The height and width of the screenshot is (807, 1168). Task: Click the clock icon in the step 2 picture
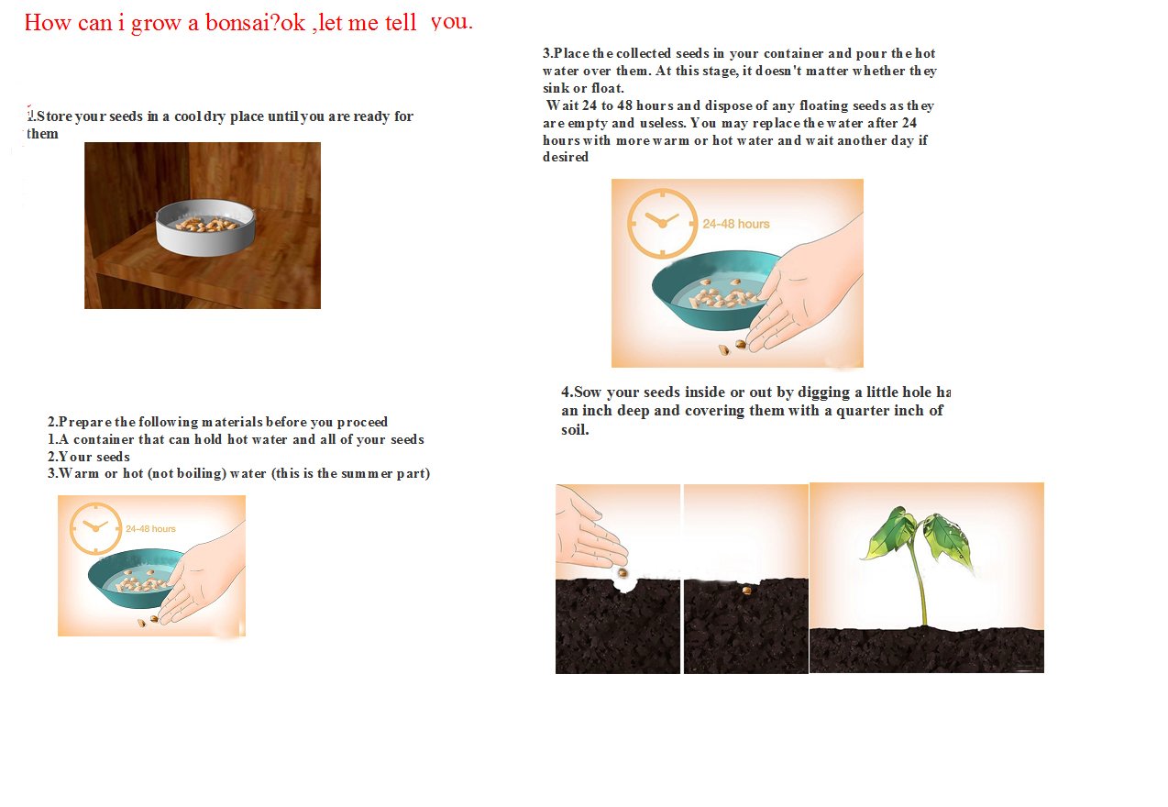coord(95,527)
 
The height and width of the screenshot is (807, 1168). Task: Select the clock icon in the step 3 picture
coord(662,223)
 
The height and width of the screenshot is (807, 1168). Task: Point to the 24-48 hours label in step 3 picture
coord(736,224)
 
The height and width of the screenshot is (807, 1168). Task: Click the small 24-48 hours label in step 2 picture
coord(150,529)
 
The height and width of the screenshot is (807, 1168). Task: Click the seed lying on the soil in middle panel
coord(747,591)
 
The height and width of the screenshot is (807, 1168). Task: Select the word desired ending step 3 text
coord(566,157)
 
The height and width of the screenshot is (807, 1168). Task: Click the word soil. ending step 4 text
coord(575,429)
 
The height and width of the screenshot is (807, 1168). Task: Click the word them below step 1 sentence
coord(42,134)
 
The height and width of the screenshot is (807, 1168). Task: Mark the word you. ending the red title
coord(452,22)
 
